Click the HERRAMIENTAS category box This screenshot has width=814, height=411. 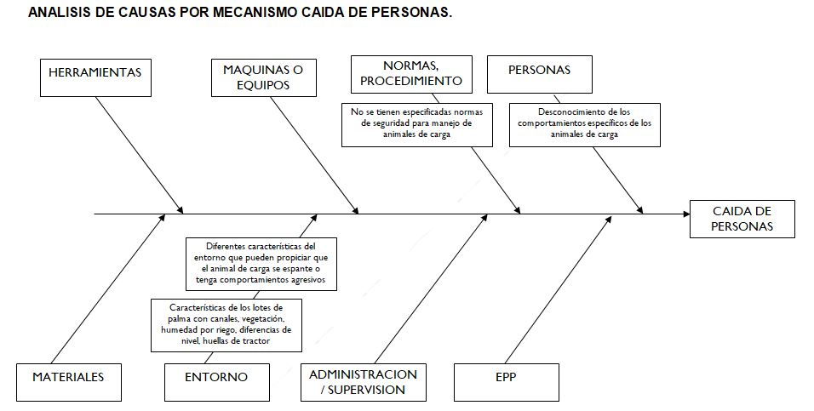(x=95, y=77)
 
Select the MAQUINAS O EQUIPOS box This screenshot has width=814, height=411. (x=264, y=77)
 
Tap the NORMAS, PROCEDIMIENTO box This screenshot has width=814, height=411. (x=411, y=74)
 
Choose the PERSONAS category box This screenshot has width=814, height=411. (x=540, y=74)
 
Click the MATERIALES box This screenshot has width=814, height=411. (x=69, y=382)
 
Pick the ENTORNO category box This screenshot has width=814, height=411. (x=217, y=382)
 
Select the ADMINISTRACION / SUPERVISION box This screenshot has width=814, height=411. (x=364, y=382)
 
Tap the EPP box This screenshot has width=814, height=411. (x=507, y=382)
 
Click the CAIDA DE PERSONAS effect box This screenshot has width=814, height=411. (x=742, y=219)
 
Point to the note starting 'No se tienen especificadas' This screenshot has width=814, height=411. (x=417, y=125)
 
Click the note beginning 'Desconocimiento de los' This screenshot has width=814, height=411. (x=585, y=125)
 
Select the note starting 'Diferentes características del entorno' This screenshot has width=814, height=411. (x=261, y=264)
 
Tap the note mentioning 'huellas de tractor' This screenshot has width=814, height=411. (x=226, y=325)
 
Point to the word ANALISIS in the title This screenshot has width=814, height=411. (x=60, y=13)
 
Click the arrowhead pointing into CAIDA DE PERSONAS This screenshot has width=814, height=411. (x=686, y=214)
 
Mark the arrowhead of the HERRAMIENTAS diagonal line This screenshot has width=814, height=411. (x=181, y=209)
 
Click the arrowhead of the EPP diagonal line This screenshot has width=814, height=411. (x=609, y=219)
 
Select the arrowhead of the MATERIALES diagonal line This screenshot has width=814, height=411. (x=162, y=219)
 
